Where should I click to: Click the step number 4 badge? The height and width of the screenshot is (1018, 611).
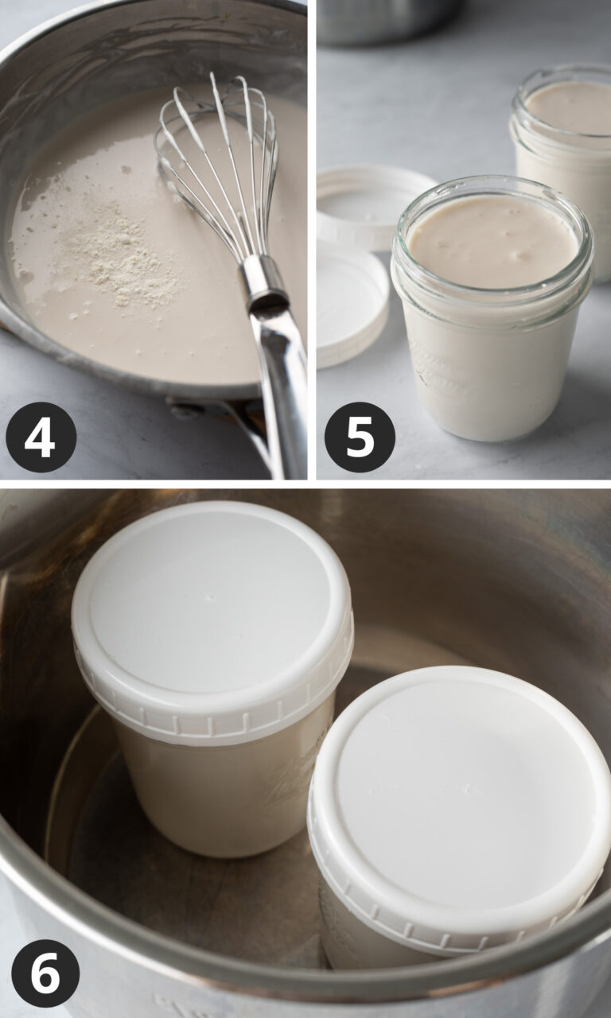click(x=41, y=437)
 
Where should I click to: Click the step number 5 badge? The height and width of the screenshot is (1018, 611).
click(x=360, y=437)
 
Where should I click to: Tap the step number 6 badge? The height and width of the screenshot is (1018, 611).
click(x=45, y=973)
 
